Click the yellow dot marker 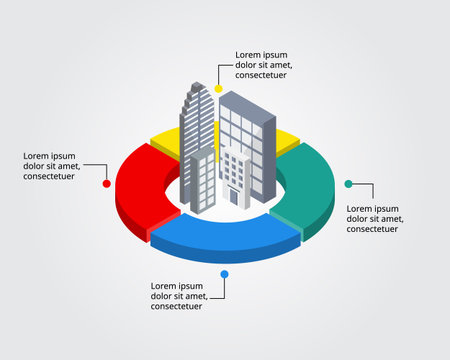point(218,89)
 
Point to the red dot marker point(106,183)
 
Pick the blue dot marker point(225,273)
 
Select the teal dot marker point(348,184)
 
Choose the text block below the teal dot point(375,218)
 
